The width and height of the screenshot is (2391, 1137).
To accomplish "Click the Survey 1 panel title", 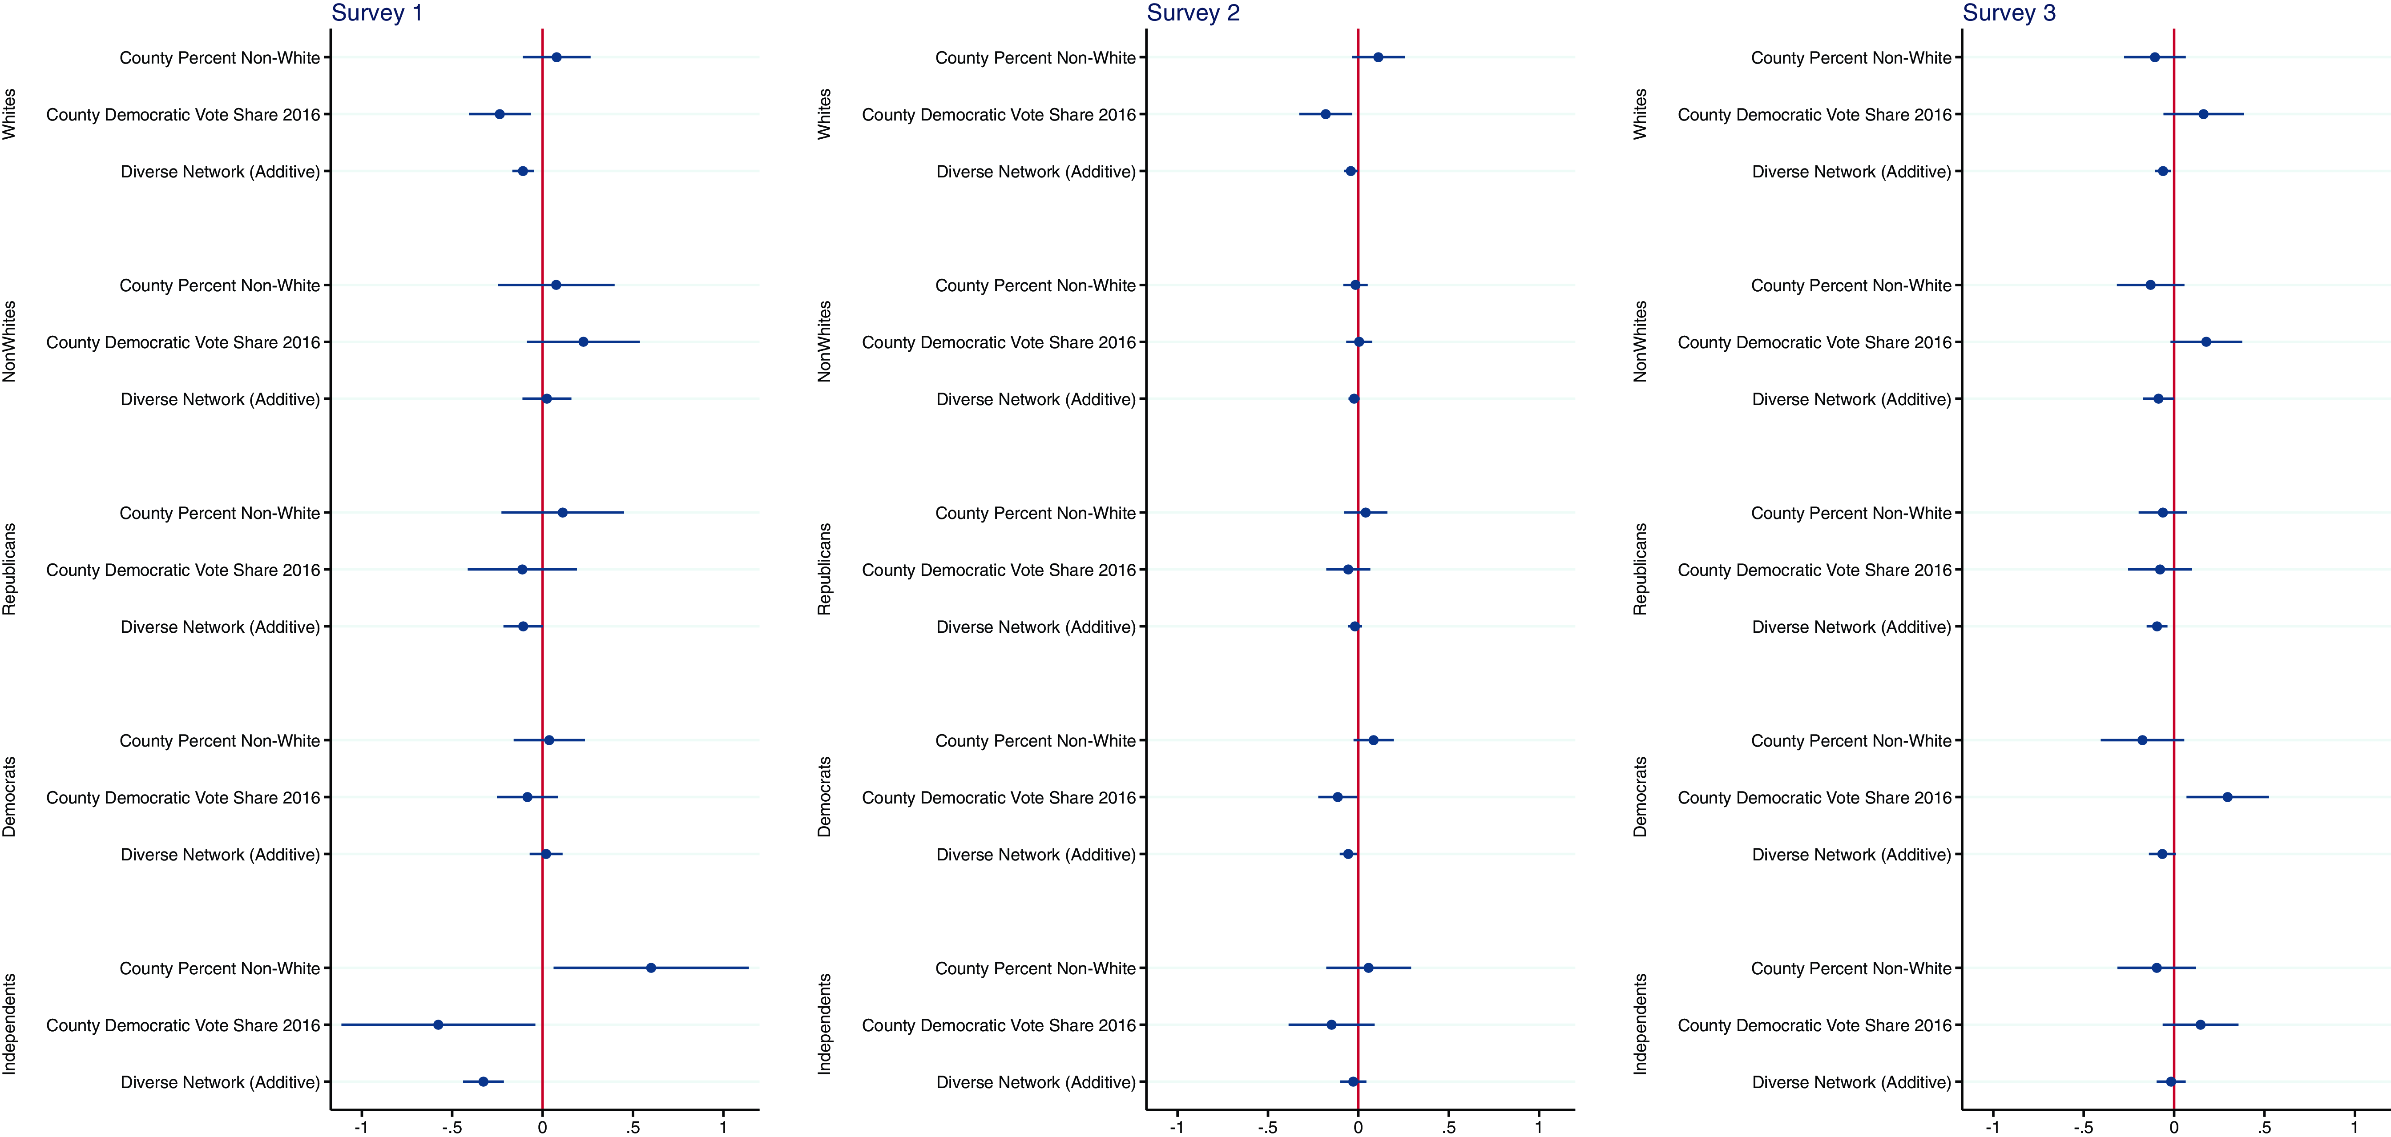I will (377, 13).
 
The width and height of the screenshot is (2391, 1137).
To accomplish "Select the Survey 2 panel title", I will (1193, 13).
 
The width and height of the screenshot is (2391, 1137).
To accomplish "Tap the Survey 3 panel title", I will (2008, 13).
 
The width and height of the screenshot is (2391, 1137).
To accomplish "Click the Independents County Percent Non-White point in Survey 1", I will (651, 968).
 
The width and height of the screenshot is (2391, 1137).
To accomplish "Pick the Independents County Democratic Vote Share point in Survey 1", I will (438, 1025).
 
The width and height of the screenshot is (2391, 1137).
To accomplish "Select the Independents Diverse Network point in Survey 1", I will (483, 1081).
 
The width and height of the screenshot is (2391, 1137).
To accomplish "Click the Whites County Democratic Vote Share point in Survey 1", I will (500, 114).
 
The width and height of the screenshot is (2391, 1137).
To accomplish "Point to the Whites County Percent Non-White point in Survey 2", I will (1379, 57).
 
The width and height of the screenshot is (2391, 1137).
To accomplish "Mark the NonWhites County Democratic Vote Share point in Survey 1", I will (583, 342).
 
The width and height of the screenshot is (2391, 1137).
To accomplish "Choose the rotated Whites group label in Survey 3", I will (1640, 114).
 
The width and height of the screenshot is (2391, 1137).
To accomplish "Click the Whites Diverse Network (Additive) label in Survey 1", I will (220, 172).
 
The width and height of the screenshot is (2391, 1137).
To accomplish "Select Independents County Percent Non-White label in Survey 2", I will (1035, 968).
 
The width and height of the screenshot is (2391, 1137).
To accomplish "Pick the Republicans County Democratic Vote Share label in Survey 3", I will (1814, 570).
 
